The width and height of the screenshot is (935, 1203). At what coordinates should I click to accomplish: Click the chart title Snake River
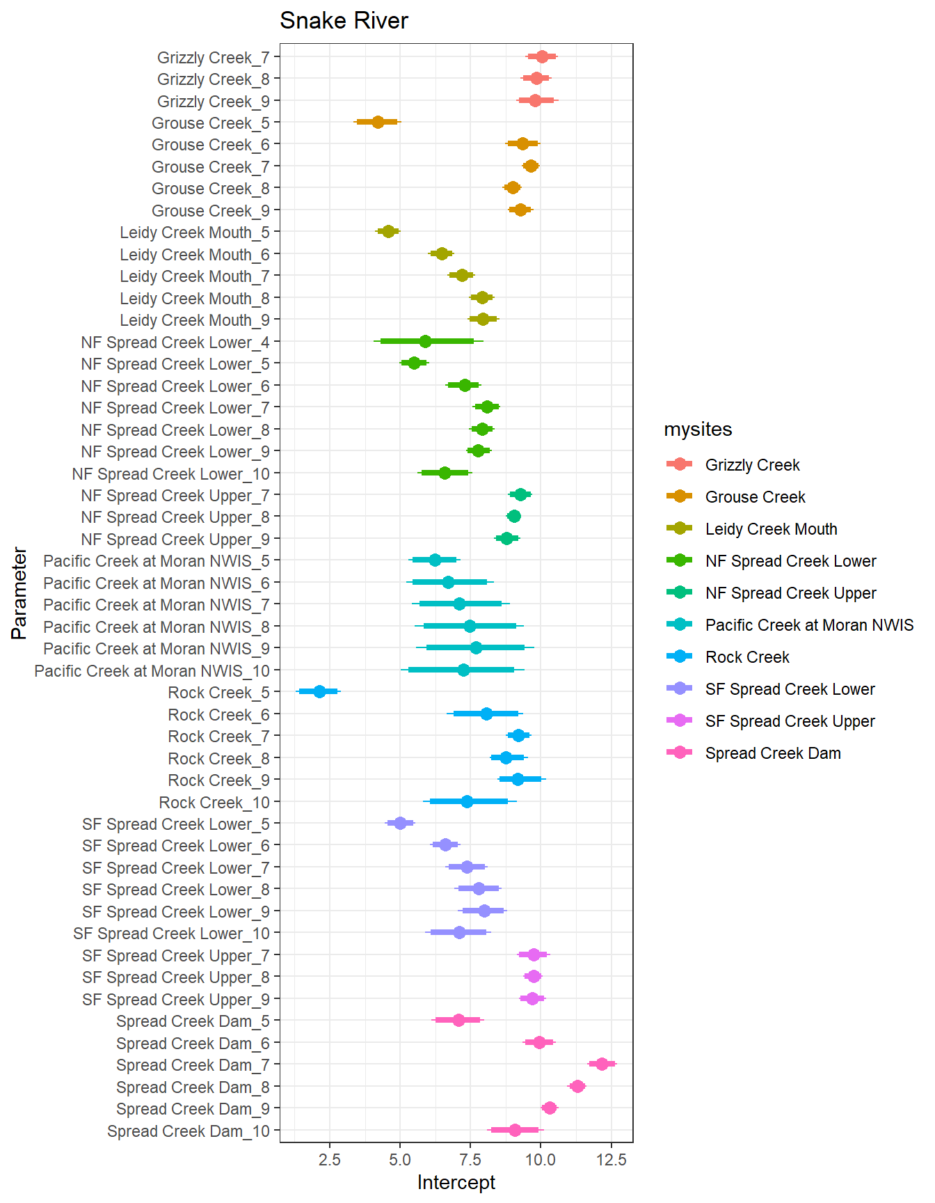344,21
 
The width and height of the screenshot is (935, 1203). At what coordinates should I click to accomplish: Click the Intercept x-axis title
456,1182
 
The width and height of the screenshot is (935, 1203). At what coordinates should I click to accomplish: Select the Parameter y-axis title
19,593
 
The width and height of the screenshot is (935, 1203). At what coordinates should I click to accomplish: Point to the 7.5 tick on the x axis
470,1160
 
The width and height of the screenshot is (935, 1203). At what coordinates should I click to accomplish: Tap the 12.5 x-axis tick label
611,1160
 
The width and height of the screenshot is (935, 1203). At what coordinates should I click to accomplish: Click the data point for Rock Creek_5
319,691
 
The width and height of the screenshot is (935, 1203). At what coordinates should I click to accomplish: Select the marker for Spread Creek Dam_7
602,1064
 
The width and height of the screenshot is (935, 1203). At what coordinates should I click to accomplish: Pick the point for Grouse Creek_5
378,122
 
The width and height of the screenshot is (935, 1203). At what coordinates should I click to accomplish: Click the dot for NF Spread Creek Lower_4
425,341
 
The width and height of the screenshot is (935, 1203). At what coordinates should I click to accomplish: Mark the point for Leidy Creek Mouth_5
388,231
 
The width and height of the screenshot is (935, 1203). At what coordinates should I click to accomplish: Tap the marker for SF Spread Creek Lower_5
400,823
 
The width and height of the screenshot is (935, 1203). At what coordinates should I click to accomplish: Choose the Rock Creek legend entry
747,657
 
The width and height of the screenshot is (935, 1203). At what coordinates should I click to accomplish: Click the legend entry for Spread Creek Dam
773,753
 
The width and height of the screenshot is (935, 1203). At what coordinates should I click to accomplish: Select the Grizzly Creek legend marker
679,464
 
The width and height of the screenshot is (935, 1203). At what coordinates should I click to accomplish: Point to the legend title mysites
698,430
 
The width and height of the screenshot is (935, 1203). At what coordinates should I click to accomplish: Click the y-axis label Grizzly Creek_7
213,57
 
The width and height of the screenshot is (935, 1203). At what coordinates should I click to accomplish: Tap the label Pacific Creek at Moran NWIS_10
152,671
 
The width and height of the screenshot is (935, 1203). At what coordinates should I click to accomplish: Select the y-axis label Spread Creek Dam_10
188,1131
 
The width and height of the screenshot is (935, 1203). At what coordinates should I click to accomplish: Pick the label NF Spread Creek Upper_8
175,517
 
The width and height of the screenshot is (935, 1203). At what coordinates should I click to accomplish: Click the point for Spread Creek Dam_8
577,1086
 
